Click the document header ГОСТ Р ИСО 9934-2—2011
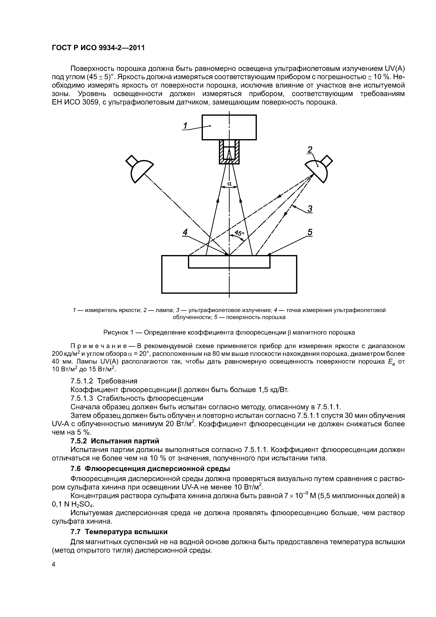click(x=98, y=48)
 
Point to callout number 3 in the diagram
click(x=310, y=209)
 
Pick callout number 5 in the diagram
click(x=310, y=232)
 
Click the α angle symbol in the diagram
click(x=229, y=184)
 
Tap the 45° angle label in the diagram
click(x=239, y=233)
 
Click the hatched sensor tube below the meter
click(x=229, y=152)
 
